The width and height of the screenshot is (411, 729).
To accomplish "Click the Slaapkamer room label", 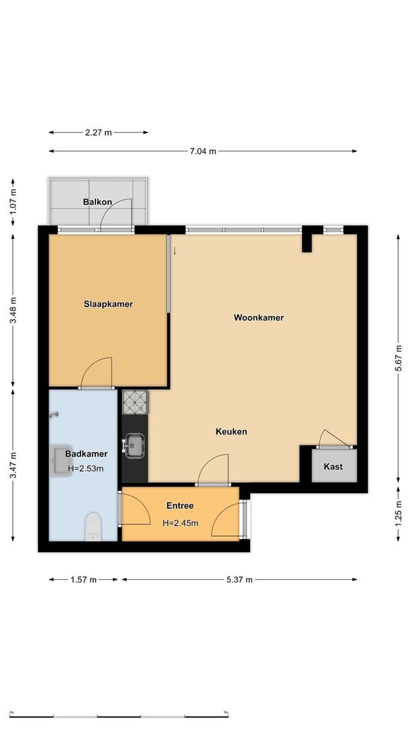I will (108, 304).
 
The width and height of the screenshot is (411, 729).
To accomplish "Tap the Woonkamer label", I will (258, 317).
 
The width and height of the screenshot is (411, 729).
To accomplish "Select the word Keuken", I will (231, 431).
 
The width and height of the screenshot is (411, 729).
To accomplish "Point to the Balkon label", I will (97, 202).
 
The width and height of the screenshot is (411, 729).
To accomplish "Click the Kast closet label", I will (333, 466).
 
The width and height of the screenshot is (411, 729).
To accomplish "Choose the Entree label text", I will (180, 506).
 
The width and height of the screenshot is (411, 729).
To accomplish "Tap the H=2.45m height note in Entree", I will (180, 522).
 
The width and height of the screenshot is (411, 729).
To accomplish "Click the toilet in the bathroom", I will (93, 526).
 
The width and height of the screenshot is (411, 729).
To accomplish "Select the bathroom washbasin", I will (60, 462).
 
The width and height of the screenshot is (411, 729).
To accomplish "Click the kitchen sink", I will (135, 445).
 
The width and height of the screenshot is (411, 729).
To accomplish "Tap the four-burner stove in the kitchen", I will (135, 402).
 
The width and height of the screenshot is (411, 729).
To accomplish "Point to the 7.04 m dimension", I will (203, 151).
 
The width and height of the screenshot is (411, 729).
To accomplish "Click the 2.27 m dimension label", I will (98, 132).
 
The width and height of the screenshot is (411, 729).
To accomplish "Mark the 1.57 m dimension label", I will (84, 579).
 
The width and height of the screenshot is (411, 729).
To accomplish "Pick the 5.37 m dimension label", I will (239, 579).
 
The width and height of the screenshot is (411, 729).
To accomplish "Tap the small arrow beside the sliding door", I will (174, 250).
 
